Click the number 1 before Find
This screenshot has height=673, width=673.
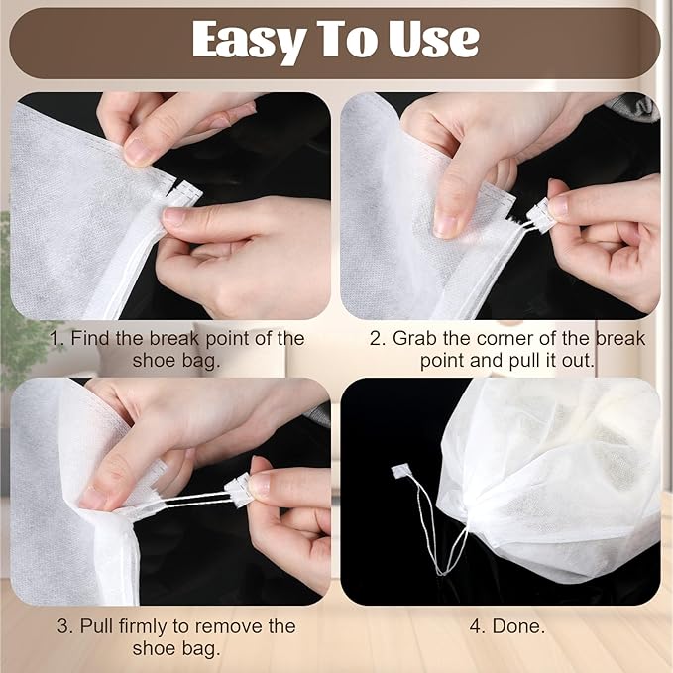coord(56,338)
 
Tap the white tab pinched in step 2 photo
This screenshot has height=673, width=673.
coord(540,212)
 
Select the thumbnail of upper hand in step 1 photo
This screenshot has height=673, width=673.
coord(138,150)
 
